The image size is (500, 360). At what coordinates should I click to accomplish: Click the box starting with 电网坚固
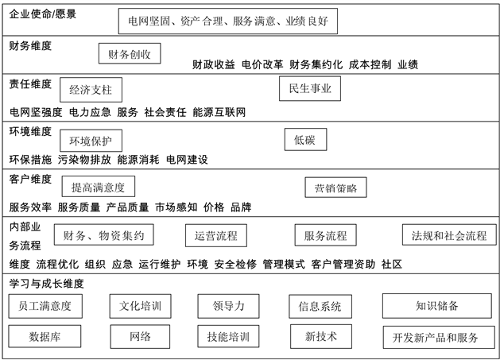(x=227, y=21)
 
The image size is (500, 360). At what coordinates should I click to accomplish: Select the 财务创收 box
(x=130, y=54)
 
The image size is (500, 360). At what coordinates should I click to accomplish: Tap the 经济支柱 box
(x=90, y=89)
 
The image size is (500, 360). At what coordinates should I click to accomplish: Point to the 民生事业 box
(x=310, y=89)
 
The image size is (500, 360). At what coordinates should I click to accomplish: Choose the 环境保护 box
(x=91, y=141)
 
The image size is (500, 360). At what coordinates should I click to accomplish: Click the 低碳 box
(x=304, y=140)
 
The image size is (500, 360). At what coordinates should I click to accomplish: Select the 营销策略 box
(x=335, y=188)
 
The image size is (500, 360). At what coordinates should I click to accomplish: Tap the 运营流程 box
(x=215, y=235)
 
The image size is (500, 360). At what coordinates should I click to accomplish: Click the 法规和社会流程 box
(x=448, y=235)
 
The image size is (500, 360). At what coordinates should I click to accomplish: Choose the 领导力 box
(x=229, y=305)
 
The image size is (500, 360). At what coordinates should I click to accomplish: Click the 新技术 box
(x=321, y=336)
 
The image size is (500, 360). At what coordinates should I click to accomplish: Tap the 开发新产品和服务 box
(x=436, y=337)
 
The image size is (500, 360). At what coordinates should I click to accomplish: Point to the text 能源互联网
(x=219, y=112)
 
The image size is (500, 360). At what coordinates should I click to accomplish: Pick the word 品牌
(x=241, y=207)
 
